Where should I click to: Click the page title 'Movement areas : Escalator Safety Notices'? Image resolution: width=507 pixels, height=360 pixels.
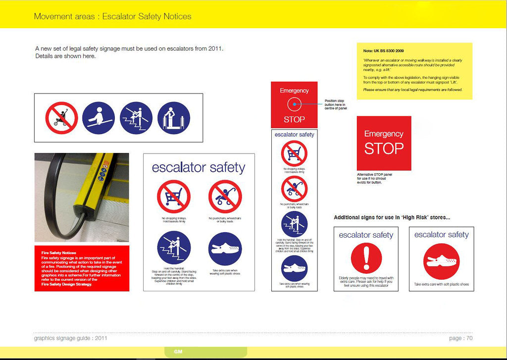click(112, 16)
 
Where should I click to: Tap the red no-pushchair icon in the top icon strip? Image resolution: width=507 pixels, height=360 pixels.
click(62, 118)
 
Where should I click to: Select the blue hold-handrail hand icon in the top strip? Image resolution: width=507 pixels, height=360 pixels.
click(99, 118)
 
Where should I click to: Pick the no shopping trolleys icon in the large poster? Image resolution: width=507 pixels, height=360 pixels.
click(173, 197)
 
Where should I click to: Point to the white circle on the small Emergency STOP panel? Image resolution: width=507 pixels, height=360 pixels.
click(294, 104)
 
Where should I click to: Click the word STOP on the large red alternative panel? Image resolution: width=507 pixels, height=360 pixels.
click(384, 149)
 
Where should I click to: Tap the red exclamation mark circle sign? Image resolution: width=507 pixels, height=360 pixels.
click(366, 258)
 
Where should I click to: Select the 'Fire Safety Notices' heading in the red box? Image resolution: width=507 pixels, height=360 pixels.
click(59, 253)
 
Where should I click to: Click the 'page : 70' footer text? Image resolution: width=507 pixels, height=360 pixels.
click(461, 338)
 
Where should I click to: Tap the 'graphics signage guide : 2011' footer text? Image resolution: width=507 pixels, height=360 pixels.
click(70, 338)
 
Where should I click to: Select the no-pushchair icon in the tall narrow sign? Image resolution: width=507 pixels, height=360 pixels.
click(294, 189)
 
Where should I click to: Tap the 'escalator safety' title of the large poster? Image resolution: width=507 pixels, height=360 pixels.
click(199, 167)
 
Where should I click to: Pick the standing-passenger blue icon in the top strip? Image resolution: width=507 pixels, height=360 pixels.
click(174, 118)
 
